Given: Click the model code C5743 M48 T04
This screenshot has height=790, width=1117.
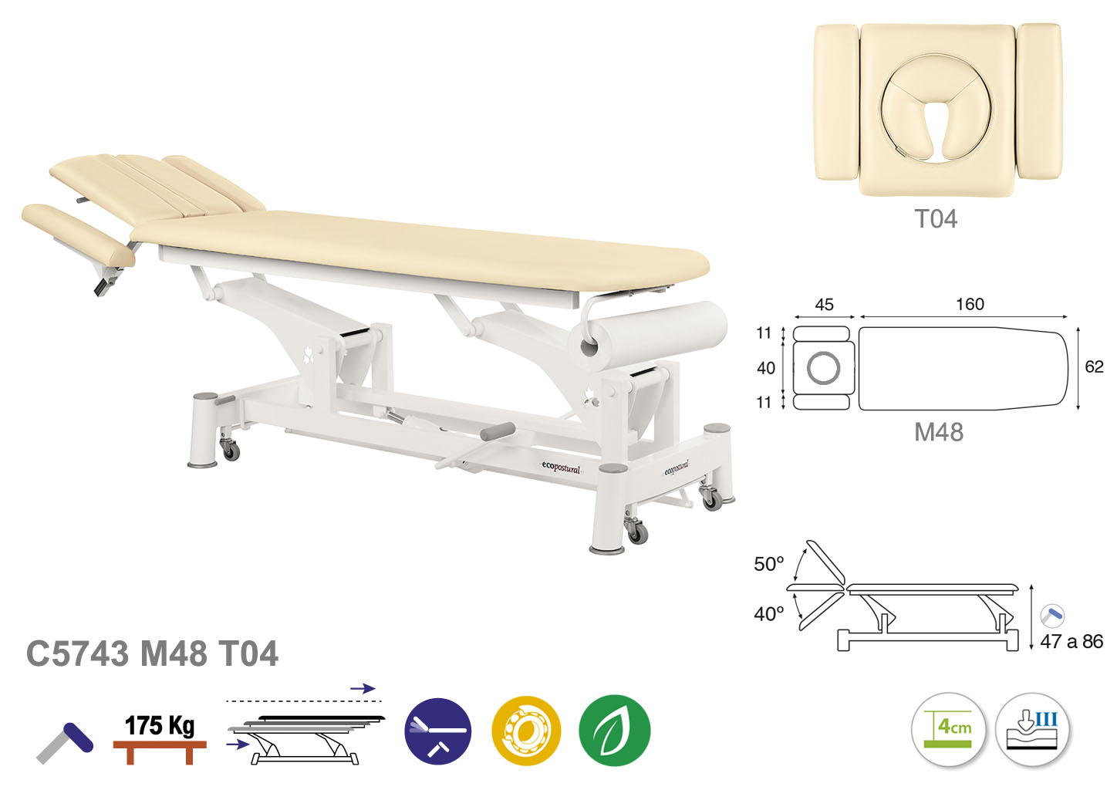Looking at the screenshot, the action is pyautogui.click(x=152, y=653).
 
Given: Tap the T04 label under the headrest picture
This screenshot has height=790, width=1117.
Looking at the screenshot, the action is pyautogui.click(x=936, y=218).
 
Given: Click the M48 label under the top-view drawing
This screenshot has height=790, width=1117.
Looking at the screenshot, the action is pyautogui.click(x=939, y=432).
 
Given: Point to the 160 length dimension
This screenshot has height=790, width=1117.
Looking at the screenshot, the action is pyautogui.click(x=970, y=304).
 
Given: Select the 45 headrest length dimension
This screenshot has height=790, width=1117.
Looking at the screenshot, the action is pyautogui.click(x=824, y=304).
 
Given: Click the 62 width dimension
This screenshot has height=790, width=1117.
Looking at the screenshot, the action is pyautogui.click(x=1094, y=366).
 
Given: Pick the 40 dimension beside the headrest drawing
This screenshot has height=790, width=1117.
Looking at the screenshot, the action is pyautogui.click(x=766, y=368).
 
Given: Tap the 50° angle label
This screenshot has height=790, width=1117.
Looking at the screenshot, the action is pyautogui.click(x=768, y=564).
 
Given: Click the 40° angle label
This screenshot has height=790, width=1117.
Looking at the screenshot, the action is pyautogui.click(x=768, y=614).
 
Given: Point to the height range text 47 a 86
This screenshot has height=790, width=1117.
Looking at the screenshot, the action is pyautogui.click(x=1071, y=641).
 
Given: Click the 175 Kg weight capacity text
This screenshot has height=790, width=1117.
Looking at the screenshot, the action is pyautogui.click(x=160, y=726).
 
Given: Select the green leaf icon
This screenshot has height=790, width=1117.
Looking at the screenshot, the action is pyautogui.click(x=614, y=731).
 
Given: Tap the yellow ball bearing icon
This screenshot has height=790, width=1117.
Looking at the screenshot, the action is pyautogui.click(x=526, y=731).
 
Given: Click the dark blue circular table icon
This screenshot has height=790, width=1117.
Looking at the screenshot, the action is pyautogui.click(x=438, y=731).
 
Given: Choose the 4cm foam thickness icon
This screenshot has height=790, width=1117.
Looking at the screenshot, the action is pyautogui.click(x=948, y=729).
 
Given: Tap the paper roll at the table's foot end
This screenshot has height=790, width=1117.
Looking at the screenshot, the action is pyautogui.click(x=648, y=335).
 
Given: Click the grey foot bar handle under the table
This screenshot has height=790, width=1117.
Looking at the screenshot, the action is pyautogui.click(x=497, y=431).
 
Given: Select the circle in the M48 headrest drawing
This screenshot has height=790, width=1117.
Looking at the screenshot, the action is pyautogui.click(x=823, y=368).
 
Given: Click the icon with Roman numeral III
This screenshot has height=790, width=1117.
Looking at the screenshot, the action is pyautogui.click(x=1033, y=729).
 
